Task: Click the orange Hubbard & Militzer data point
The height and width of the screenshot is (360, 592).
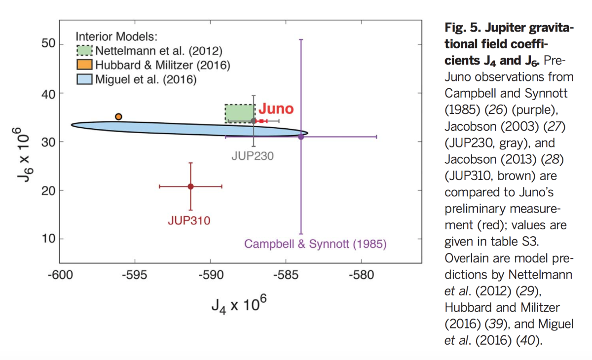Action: (x=118, y=116)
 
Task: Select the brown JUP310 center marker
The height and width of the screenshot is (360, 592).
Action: (x=190, y=186)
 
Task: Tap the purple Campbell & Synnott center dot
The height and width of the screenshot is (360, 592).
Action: (x=301, y=136)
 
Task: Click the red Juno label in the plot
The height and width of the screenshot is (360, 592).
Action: (x=276, y=109)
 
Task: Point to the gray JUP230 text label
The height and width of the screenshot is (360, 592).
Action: (x=253, y=156)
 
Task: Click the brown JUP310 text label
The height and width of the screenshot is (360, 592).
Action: (x=189, y=220)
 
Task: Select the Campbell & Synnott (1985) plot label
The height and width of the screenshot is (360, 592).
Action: (x=316, y=244)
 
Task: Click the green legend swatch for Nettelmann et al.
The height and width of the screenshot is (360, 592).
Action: (x=84, y=51)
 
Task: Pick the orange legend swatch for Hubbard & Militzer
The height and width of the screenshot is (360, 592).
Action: (x=84, y=65)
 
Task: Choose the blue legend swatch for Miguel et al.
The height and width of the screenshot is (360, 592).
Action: (x=84, y=79)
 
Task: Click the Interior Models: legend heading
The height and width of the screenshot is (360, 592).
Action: (x=116, y=36)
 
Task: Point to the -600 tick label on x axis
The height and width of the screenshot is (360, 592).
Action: (x=59, y=274)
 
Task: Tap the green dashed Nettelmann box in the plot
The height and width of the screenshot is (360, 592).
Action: (x=240, y=113)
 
